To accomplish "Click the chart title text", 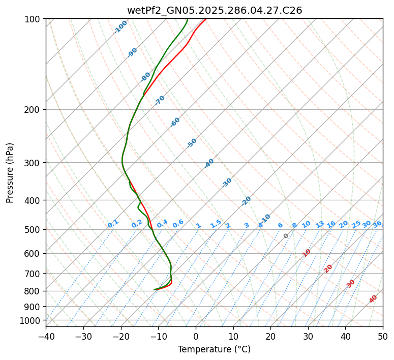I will pos(214,10).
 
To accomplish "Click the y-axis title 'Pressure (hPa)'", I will pos(10,172).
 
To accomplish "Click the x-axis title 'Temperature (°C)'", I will pos(214,349).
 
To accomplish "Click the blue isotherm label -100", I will pos(120,27).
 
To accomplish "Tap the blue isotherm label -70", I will pos(160,100).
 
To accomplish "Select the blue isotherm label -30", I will pos(227,182).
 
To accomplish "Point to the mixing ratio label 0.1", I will pos(113,224).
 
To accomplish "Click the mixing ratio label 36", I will pos(377,224).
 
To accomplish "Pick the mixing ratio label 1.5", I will pos(216,223).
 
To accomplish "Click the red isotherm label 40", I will pos(373,299).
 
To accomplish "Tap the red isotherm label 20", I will pos(328,268).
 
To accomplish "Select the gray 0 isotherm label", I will pos(286,236).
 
